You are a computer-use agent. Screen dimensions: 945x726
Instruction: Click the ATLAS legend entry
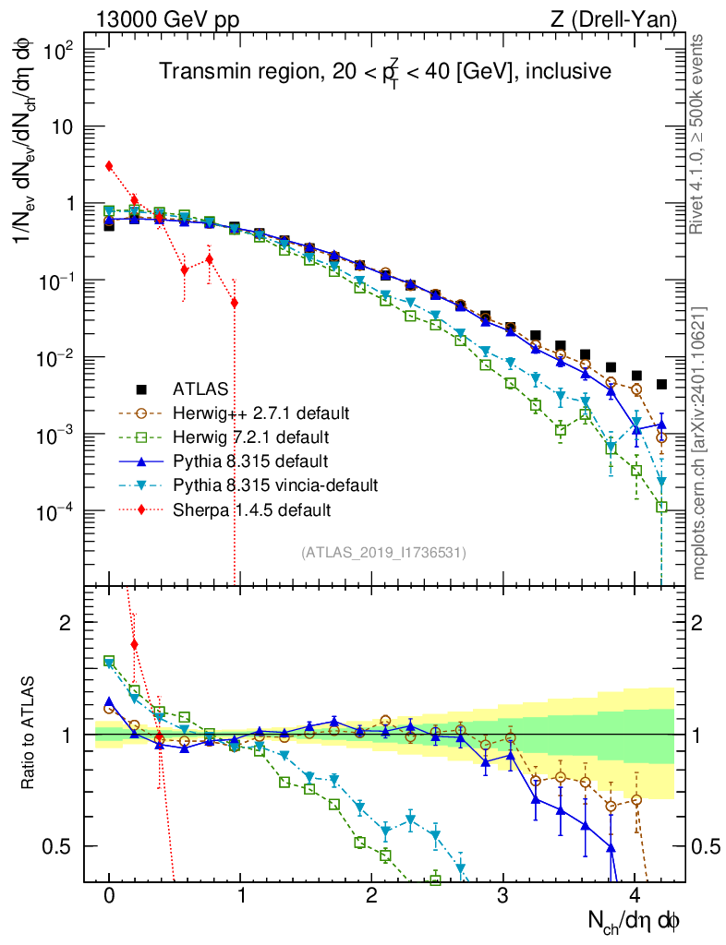click(200, 389)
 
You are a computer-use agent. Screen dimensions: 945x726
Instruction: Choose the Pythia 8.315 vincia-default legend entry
click(275, 484)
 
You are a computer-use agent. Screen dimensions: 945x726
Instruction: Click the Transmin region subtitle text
click(384, 71)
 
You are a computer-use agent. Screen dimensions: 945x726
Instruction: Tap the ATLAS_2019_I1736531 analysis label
click(383, 553)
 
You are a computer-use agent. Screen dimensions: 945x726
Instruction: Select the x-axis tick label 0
click(110, 896)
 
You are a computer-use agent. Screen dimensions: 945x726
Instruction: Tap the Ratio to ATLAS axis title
click(30, 735)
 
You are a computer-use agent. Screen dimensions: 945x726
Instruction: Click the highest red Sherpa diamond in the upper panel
click(109, 166)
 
